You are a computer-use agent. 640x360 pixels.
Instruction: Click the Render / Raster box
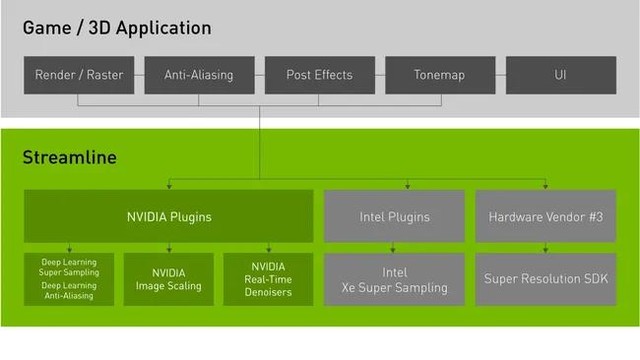[x=79, y=75]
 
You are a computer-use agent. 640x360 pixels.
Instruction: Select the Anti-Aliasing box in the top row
[x=199, y=75]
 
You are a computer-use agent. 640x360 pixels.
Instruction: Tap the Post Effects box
[x=319, y=75]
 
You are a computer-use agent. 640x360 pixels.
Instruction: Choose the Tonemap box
[x=439, y=75]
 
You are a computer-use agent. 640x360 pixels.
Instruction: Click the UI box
[x=559, y=75]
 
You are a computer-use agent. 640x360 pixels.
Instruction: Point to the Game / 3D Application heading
[x=117, y=27]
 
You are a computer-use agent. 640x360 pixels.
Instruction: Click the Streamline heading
[x=69, y=158]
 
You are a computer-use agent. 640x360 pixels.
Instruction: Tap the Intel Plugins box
[x=394, y=216]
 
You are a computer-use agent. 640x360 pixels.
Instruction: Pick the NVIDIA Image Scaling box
[x=168, y=279]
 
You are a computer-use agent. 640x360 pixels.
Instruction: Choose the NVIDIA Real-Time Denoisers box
[x=267, y=279]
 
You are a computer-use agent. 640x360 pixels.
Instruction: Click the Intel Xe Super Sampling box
[x=394, y=279]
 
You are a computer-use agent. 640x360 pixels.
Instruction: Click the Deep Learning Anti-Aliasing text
[x=69, y=291]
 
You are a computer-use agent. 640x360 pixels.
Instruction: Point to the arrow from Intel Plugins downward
[x=394, y=247]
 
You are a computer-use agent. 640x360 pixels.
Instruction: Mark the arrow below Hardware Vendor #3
[x=546, y=247]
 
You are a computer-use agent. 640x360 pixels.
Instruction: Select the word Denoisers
[x=267, y=293]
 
